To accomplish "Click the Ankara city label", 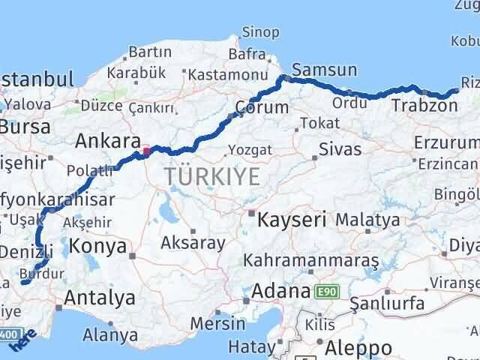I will [x=108, y=141].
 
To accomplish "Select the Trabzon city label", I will [x=424, y=106].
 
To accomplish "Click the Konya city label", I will [x=97, y=244].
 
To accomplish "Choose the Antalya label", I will [x=99, y=298].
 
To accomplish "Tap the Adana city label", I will [x=280, y=291].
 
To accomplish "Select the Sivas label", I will [x=340, y=148].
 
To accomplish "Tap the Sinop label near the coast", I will [x=260, y=33].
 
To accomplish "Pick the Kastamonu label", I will [x=228, y=75].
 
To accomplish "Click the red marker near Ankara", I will [x=147, y=150].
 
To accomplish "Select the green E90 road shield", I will [x=325, y=291].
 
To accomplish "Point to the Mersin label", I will [x=218, y=324].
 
